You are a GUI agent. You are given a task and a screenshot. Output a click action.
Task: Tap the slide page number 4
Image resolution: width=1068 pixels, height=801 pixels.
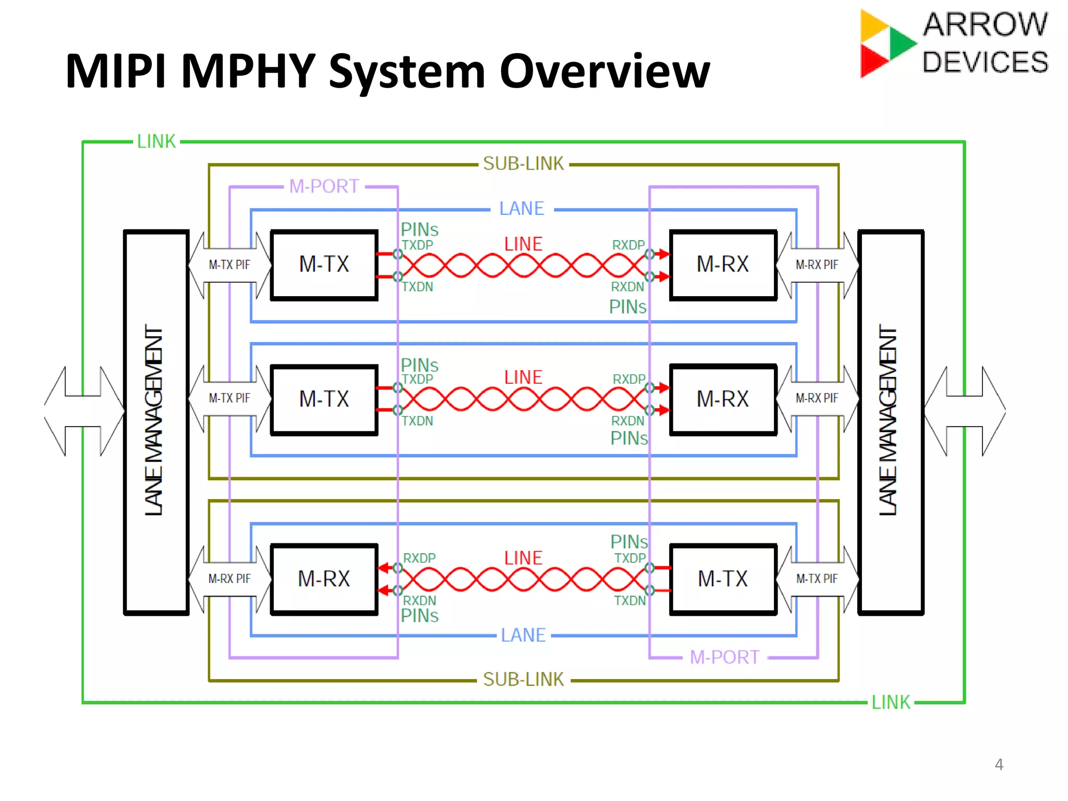[x=999, y=764]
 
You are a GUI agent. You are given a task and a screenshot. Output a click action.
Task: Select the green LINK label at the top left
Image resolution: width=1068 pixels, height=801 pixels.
[x=156, y=141]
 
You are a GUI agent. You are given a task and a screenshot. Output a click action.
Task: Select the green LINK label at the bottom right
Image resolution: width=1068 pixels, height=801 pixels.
[x=891, y=702]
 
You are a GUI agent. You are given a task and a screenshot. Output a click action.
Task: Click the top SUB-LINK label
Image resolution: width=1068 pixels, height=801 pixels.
[x=523, y=164]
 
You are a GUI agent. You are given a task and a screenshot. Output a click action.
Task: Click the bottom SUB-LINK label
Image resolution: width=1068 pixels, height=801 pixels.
[x=523, y=679]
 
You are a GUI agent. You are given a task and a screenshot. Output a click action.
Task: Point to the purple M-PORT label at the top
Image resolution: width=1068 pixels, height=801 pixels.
[x=324, y=186]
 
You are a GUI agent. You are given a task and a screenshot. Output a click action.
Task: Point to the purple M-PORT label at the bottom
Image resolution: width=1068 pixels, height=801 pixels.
[x=724, y=657]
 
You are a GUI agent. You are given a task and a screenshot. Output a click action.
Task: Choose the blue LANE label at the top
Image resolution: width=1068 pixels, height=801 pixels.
[x=521, y=209]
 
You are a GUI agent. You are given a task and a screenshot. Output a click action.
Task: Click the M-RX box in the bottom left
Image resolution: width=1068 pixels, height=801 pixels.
[x=324, y=579]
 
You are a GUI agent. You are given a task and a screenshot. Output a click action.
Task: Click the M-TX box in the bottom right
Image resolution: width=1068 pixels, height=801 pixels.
[x=723, y=579]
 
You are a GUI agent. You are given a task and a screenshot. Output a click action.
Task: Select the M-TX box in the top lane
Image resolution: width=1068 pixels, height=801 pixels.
[x=324, y=264]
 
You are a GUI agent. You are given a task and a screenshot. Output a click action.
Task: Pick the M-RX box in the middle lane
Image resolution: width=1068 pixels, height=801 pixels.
[x=723, y=399]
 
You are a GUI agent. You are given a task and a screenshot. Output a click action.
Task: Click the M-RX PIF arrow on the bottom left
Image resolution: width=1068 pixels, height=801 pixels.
[x=229, y=579]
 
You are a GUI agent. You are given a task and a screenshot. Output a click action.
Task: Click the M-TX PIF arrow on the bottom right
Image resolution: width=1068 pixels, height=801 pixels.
[x=817, y=579]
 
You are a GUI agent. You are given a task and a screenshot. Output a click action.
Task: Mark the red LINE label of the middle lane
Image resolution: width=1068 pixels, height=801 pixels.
[x=523, y=378]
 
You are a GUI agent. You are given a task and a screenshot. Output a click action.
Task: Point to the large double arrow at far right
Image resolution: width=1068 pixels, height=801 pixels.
[x=965, y=411]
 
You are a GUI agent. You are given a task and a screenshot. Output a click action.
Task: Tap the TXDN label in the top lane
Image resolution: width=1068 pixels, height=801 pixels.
[x=417, y=287]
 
